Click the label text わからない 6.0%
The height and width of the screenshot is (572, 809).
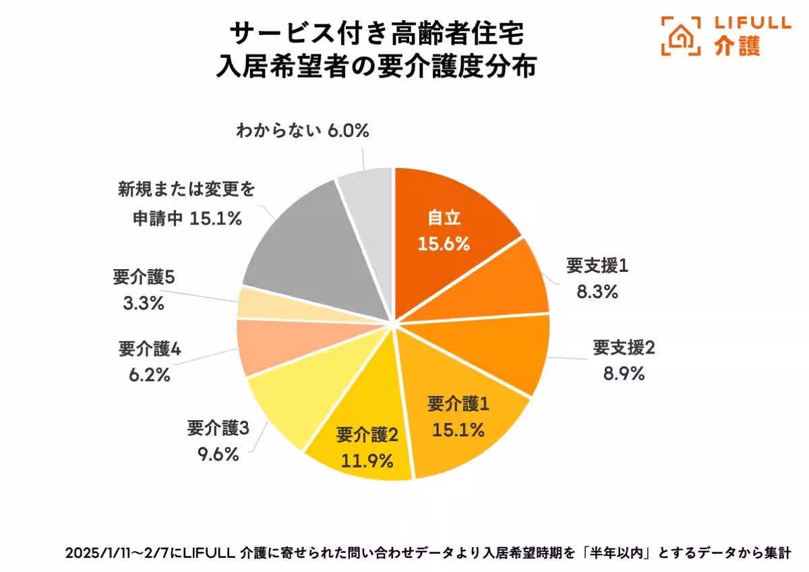coord(302,130)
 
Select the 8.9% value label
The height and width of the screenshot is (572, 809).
coord(624,373)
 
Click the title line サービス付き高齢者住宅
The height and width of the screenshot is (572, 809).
coord(376,33)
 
